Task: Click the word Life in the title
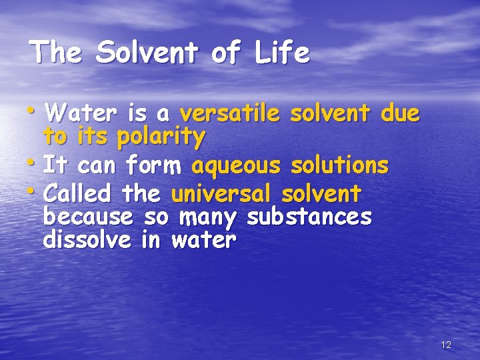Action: pos(282,53)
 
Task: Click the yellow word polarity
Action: pos(161,137)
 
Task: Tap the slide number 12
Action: pos(446,345)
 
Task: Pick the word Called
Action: pos(79,195)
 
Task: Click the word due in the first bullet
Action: pos(400,115)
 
